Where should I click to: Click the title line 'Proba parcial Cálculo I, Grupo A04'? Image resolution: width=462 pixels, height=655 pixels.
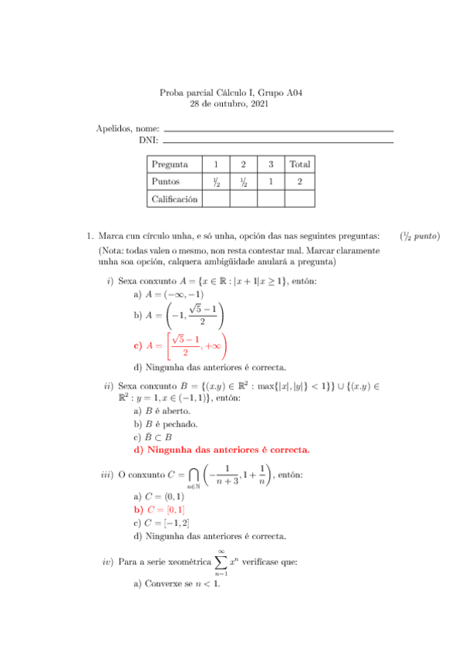tap(231, 93)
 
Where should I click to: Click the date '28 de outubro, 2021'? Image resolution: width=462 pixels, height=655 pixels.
tap(231, 104)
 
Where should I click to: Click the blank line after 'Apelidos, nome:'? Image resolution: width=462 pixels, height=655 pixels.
tap(278, 130)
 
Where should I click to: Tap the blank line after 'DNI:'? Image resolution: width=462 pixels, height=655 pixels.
tap(278, 141)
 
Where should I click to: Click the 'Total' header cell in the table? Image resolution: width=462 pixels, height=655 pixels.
tap(300, 164)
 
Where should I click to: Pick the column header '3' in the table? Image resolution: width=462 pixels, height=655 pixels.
tap(271, 164)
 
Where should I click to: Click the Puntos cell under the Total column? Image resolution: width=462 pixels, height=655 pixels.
tap(300, 182)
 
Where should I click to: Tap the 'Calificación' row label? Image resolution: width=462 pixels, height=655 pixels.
tap(174, 199)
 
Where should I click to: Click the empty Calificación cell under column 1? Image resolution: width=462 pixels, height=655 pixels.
tap(216, 199)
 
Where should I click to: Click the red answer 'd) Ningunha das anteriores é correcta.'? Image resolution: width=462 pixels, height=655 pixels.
tap(221, 449)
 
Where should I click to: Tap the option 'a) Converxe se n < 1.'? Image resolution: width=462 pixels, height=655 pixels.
tap(177, 583)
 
